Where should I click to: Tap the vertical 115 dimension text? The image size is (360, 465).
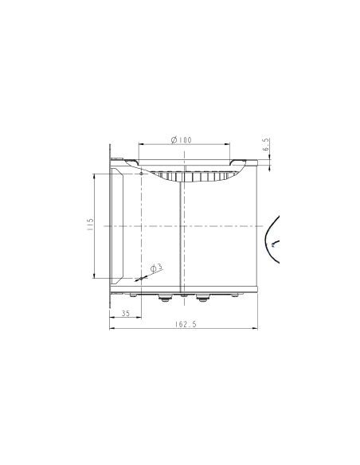click(91, 226)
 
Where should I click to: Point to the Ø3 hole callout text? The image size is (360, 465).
click(156, 268)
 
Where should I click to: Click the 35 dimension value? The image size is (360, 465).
click(125, 314)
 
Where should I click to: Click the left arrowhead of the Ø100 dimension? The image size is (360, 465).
click(141, 144)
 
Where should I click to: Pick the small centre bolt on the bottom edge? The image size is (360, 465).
click(184, 296)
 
